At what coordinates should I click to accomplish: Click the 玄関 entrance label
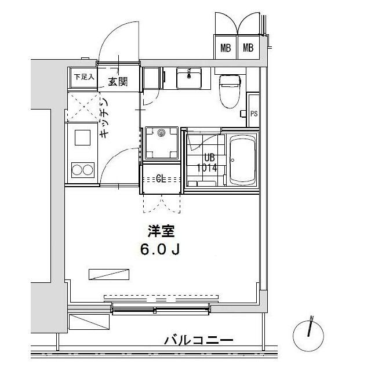[x=118, y=82]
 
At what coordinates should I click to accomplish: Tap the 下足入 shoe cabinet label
[x=84, y=77]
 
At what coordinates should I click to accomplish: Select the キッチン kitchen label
[x=105, y=118]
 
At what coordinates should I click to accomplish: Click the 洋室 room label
[x=161, y=231]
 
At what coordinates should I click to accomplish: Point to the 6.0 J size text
[x=160, y=249]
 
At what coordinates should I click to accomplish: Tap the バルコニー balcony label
[x=199, y=340]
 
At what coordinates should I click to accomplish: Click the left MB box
[x=225, y=47]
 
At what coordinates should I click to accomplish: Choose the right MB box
[x=249, y=47]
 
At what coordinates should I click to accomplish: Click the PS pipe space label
[x=254, y=114]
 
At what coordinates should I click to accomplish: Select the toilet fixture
[x=230, y=91]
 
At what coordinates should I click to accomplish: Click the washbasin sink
[x=189, y=78]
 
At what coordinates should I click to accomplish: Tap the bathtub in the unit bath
[x=243, y=160]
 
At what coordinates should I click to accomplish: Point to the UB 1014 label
[x=208, y=163]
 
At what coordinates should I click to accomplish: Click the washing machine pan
[x=162, y=143]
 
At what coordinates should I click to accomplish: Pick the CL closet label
[x=161, y=179]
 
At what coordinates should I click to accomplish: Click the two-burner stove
[x=83, y=170]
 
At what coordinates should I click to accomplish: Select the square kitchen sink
[x=82, y=137]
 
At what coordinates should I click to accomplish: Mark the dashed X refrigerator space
[x=83, y=107]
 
